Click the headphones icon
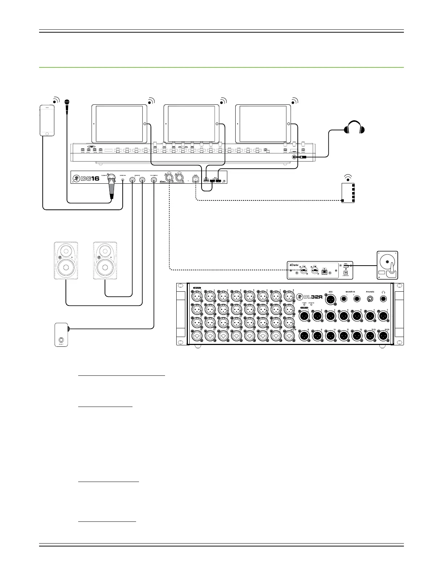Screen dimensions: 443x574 (x=354, y=128)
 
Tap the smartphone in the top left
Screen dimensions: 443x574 (x=47, y=120)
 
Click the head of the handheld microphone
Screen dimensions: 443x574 (x=66, y=103)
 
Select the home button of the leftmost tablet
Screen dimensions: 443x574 (x=145, y=124)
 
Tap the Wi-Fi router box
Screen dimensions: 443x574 (x=348, y=193)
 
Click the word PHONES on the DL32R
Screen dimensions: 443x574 (x=370, y=291)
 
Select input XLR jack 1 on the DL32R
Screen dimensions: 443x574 (x=197, y=297)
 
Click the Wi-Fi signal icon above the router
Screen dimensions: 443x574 (x=348, y=177)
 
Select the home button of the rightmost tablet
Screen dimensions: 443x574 (x=288, y=124)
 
